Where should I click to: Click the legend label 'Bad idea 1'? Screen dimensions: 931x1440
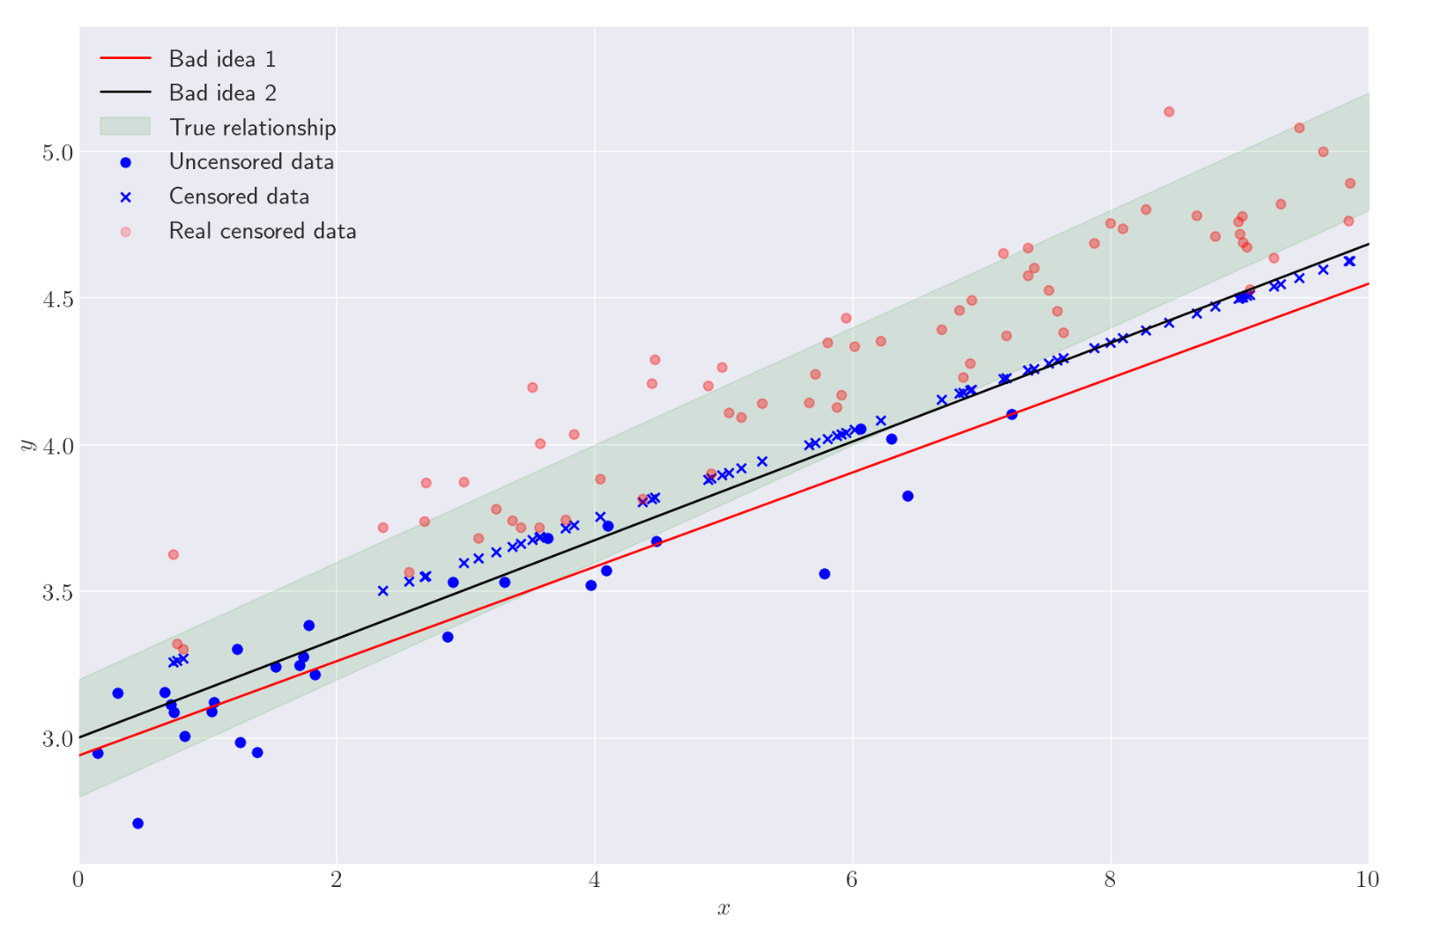click(x=222, y=59)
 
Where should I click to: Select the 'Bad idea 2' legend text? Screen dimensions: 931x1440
click(x=222, y=92)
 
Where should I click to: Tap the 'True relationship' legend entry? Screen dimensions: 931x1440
click(x=252, y=128)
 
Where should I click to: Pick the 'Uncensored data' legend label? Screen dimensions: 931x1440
click(x=251, y=162)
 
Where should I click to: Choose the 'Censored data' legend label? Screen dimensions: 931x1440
click(x=239, y=196)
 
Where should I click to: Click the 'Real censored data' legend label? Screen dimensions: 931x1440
click(x=263, y=231)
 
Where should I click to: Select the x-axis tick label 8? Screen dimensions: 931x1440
click(x=1110, y=879)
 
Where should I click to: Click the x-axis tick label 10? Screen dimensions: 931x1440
click(x=1367, y=879)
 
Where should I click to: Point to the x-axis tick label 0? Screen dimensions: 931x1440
click(x=78, y=879)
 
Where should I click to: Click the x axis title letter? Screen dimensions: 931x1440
click(x=724, y=909)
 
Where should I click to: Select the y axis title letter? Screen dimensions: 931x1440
click(x=26, y=445)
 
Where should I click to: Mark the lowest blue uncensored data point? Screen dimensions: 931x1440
click(x=138, y=824)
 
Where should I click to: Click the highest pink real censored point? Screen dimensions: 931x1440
click(x=1169, y=112)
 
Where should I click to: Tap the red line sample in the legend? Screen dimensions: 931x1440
click(x=125, y=59)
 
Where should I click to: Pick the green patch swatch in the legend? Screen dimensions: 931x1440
click(x=125, y=127)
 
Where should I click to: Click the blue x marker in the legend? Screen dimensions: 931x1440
click(x=125, y=197)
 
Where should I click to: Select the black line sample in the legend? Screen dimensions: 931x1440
click(x=125, y=92)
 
